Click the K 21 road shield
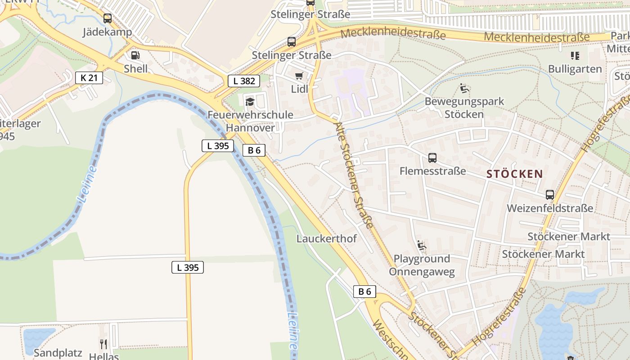[89, 78]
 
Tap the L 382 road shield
[244, 81]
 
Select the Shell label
[135, 68]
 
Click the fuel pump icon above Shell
[135, 55]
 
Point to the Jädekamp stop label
[108, 32]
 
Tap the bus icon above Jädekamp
[108, 18]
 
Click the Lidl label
[300, 89]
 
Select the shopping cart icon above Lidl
[299, 76]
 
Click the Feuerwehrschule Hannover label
[250, 121]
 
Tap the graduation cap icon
[250, 102]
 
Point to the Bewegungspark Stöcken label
[464, 108]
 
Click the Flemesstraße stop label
[432, 171]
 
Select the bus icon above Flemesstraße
[432, 158]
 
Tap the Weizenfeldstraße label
[550, 208]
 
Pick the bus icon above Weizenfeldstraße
[550, 195]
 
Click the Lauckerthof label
[326, 238]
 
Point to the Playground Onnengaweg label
[422, 265]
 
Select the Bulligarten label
[575, 69]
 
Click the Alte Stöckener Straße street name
[355, 175]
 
